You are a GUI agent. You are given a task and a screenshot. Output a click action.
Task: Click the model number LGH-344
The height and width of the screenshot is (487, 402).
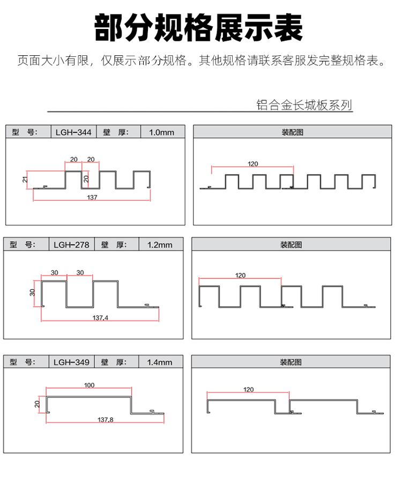73,132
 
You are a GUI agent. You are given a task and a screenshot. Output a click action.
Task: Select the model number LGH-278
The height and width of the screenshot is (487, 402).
71,245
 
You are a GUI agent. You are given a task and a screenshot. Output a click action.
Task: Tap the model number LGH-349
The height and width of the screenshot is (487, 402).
71,362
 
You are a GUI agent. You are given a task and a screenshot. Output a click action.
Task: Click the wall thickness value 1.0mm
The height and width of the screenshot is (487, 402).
161,132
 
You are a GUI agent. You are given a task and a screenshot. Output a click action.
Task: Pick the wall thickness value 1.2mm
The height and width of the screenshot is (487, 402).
160,245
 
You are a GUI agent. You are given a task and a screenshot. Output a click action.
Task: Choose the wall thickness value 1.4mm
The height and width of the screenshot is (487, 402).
160,362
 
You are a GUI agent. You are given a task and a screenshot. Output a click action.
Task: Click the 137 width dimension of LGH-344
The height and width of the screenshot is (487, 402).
92,197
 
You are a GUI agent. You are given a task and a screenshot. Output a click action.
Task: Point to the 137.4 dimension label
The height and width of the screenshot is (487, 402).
100,318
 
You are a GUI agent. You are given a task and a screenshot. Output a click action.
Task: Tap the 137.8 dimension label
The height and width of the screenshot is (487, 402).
106,419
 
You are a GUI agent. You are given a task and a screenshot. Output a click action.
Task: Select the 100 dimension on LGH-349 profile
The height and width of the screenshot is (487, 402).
90,385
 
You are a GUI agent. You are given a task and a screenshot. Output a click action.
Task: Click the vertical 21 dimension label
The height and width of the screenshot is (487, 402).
25,179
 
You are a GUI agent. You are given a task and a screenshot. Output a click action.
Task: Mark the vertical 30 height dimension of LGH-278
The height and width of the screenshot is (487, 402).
32,292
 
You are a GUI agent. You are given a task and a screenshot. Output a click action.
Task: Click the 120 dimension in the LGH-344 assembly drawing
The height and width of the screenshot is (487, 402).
252,164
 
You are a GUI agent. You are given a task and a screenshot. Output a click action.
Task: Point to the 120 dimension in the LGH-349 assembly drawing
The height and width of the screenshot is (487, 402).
248,389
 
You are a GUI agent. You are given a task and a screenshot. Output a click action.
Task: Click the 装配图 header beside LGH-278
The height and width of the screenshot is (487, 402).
291,245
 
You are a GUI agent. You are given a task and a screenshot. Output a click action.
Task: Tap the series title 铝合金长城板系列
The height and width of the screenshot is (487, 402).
304,105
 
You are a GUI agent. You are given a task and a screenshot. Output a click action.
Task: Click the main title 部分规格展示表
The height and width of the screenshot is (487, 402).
198,27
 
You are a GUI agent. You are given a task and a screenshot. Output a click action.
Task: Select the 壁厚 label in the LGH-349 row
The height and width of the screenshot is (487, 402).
114,362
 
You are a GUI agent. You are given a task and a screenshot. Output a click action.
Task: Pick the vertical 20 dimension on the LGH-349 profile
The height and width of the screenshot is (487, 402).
37,404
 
